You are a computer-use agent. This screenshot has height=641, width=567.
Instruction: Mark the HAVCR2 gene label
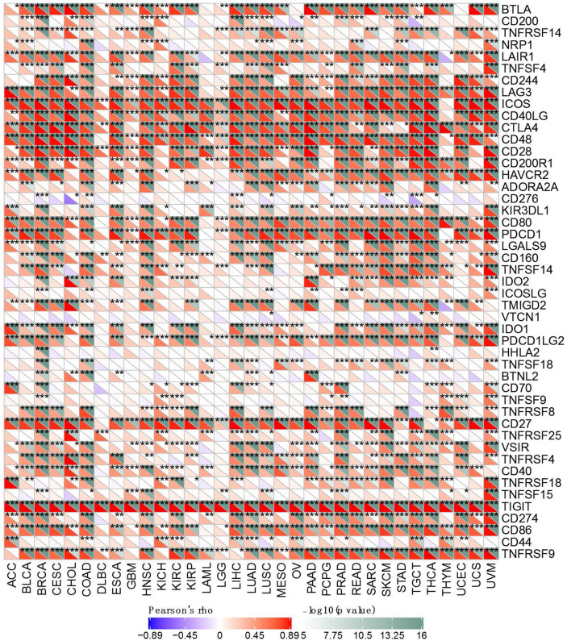coord(532,175)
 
